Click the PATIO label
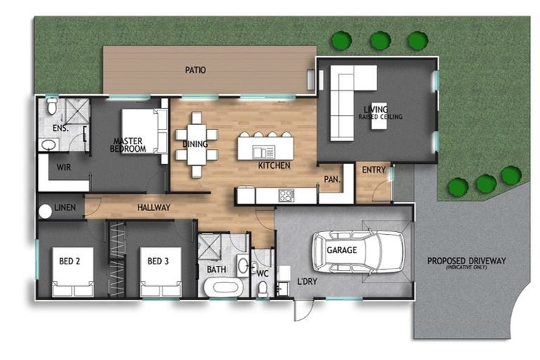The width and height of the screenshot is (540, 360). pyautogui.click(x=195, y=70)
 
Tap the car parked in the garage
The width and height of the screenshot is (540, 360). pyautogui.click(x=358, y=250)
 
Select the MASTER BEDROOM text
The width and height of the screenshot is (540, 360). pyautogui.click(x=129, y=145)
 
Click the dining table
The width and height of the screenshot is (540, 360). pyautogui.click(x=196, y=144)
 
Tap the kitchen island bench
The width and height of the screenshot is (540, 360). pyautogui.click(x=265, y=148)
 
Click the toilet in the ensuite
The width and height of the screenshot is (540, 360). pyautogui.click(x=51, y=107)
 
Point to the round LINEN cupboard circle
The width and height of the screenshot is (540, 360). pyautogui.click(x=46, y=210)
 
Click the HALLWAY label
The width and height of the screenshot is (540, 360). pyautogui.click(x=154, y=207)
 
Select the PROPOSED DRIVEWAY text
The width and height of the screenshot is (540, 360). pyautogui.click(x=466, y=261)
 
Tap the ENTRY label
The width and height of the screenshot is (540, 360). pyautogui.click(x=373, y=170)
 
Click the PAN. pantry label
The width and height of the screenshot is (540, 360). pyautogui.click(x=332, y=180)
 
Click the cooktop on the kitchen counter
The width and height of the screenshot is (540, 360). pyautogui.click(x=285, y=195)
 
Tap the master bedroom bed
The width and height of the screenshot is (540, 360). pyautogui.click(x=145, y=131)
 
